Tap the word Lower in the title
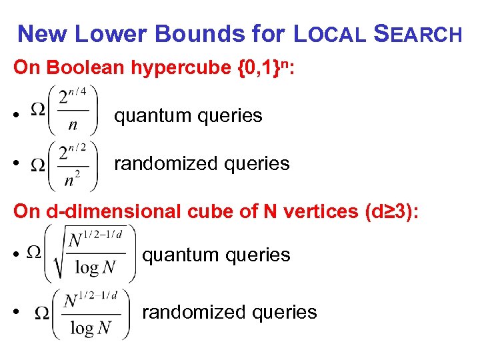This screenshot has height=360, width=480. click(110, 33)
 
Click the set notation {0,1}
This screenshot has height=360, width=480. click(263, 67)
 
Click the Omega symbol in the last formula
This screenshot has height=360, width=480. click(41, 311)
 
